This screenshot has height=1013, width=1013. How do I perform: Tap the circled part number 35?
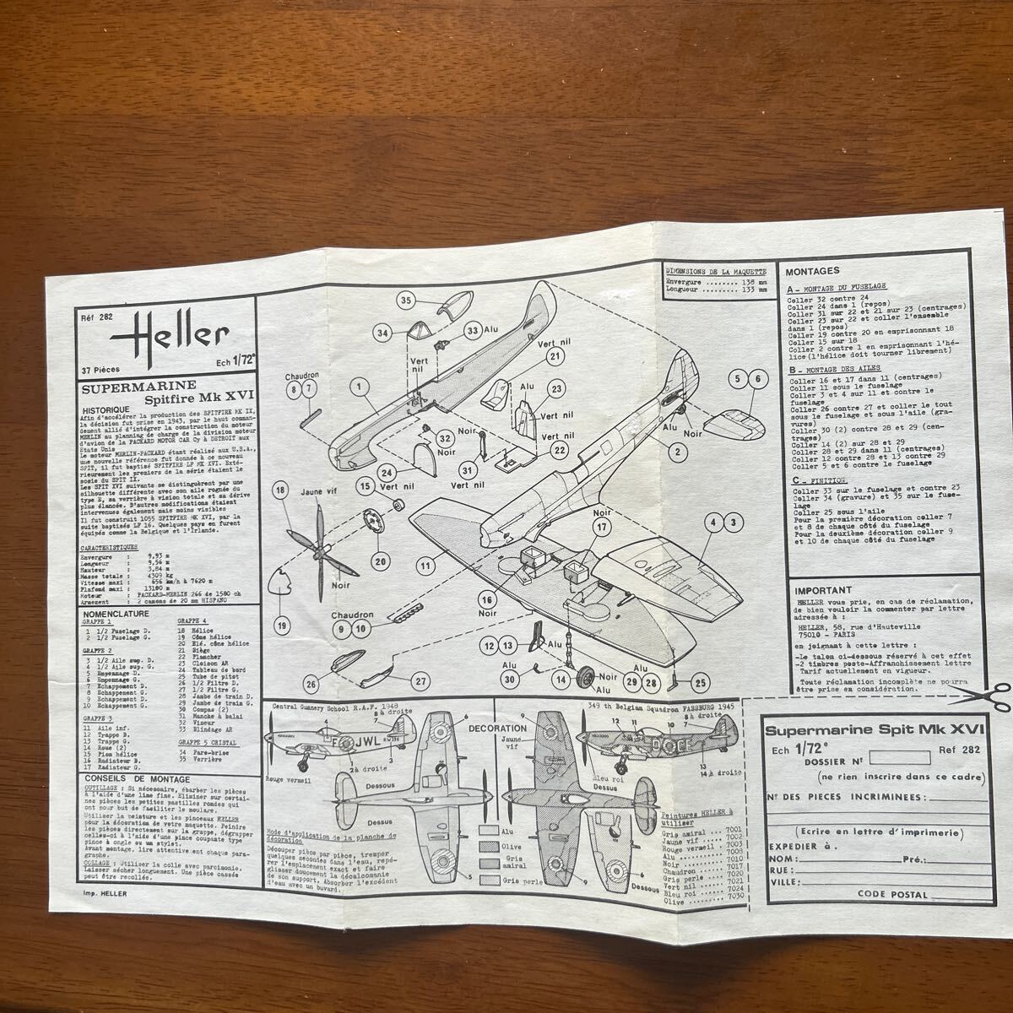tap(406, 301)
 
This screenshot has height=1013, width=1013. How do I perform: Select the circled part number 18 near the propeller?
tap(280, 490)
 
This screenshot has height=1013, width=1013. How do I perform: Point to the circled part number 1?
tap(359, 387)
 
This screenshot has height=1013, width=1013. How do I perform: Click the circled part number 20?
tap(380, 561)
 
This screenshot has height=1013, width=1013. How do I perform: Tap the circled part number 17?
tap(601, 528)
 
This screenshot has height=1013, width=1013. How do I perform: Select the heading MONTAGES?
tap(812, 272)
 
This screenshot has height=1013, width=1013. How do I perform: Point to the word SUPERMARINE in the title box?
tap(127, 386)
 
